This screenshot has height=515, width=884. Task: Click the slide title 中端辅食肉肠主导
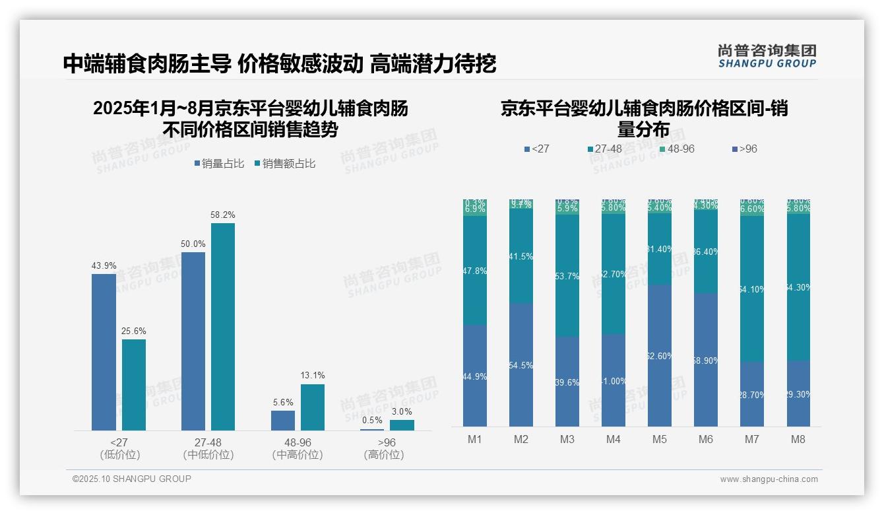click(147, 64)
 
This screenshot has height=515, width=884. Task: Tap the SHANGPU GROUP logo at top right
click(767, 56)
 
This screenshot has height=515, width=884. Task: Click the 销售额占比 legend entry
click(284, 164)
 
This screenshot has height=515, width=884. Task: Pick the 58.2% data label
click(222, 215)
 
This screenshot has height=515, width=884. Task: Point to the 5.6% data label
click(282, 402)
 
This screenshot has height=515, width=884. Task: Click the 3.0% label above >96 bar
click(402, 411)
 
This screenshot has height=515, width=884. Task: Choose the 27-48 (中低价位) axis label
click(208, 448)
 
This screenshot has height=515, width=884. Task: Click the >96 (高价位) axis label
click(383, 448)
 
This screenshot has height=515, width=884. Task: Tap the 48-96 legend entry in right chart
click(677, 149)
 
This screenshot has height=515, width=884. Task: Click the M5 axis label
click(659, 440)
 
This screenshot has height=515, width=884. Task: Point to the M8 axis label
click(798, 440)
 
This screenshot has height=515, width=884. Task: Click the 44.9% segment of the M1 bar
click(475, 376)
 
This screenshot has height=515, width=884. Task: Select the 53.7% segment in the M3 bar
click(567, 275)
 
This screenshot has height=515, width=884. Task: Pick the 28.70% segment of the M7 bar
click(752, 394)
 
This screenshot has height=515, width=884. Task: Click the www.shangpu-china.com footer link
click(769, 479)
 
